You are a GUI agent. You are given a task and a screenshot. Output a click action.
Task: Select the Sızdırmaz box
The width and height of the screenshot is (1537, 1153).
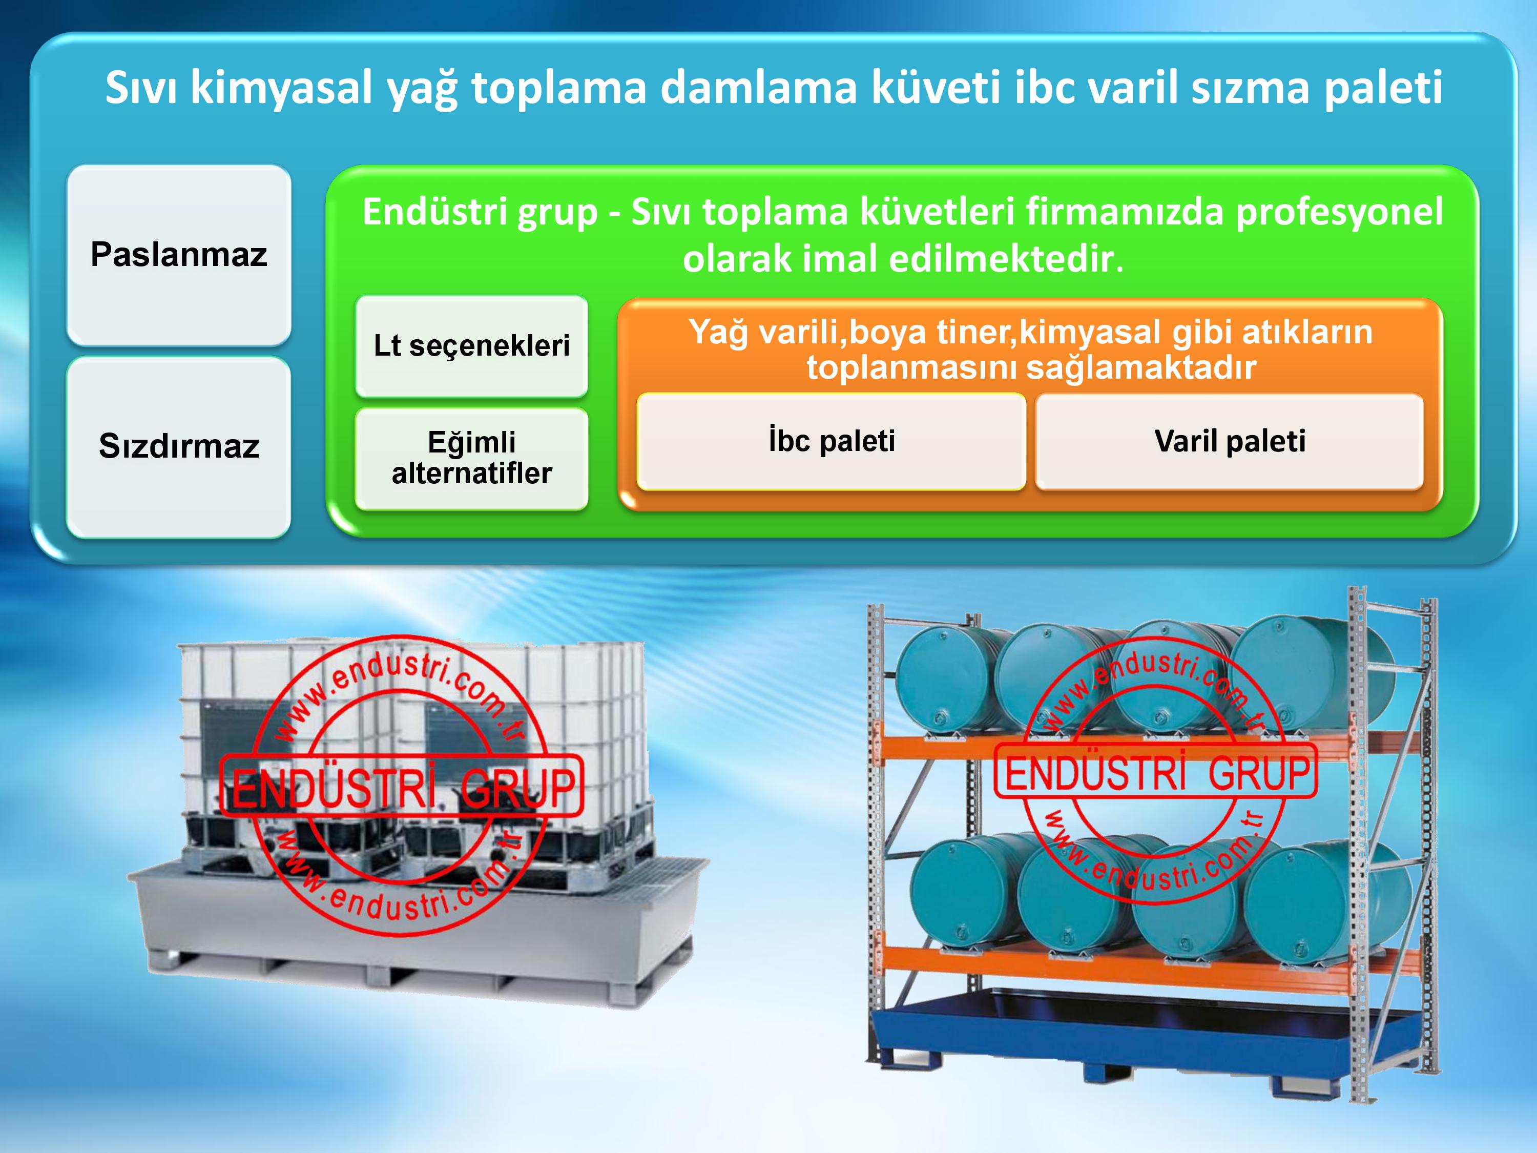179,447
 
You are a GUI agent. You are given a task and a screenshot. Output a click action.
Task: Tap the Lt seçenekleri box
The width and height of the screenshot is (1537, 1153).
472,346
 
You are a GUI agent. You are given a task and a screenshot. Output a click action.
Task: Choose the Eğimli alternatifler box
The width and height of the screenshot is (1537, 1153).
472,459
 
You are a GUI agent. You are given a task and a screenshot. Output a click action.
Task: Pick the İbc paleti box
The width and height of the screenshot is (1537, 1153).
832,441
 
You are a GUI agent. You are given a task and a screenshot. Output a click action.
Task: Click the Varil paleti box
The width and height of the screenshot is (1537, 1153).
1230,441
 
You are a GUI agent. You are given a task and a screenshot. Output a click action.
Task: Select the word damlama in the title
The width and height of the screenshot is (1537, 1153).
758,88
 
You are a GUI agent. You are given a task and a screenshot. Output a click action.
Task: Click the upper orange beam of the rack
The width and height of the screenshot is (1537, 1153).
1147,746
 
